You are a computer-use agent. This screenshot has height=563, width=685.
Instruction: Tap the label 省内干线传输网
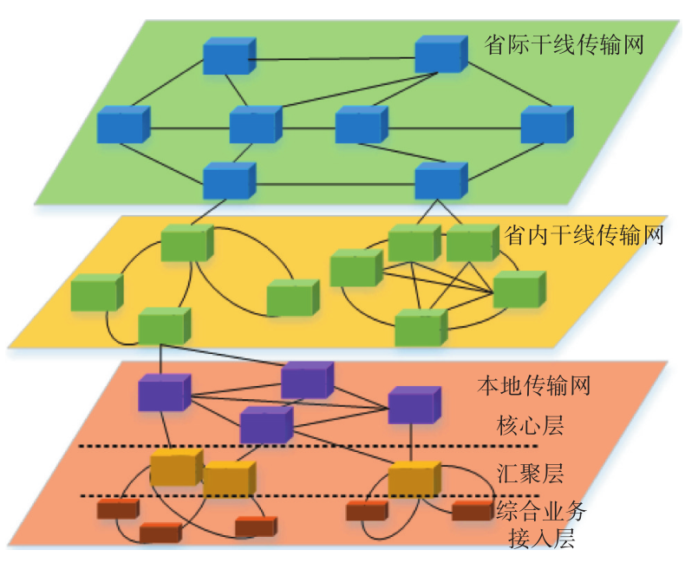(x=584, y=234)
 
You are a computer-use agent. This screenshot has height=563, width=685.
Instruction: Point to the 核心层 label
(x=530, y=425)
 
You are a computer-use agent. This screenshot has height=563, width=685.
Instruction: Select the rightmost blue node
(x=546, y=125)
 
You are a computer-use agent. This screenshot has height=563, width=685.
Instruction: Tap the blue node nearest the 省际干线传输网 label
(x=440, y=55)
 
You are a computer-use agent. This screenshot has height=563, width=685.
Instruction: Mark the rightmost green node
(x=519, y=290)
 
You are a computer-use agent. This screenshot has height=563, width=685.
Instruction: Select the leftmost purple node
(x=164, y=392)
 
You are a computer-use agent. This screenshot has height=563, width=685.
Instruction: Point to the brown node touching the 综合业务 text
(x=472, y=510)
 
